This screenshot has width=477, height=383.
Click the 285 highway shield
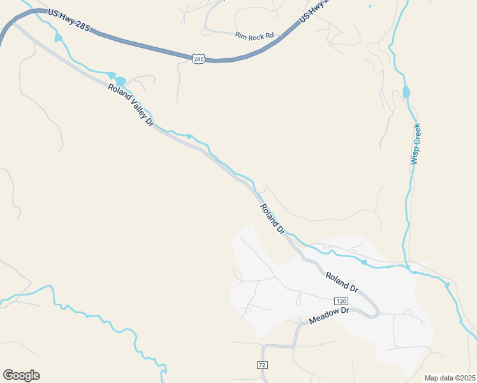click(198, 59)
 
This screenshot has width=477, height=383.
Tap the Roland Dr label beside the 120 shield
click(342, 282)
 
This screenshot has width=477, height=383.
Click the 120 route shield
click(341, 301)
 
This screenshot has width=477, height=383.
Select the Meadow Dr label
click(330, 315)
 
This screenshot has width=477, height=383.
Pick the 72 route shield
click(262, 364)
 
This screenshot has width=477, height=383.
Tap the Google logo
click(21, 375)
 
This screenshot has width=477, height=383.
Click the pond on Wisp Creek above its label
click(406, 93)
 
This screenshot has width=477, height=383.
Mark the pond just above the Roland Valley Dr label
click(119, 81)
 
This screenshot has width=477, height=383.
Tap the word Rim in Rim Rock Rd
click(241, 35)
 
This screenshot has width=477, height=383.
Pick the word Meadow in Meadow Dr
click(324, 317)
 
